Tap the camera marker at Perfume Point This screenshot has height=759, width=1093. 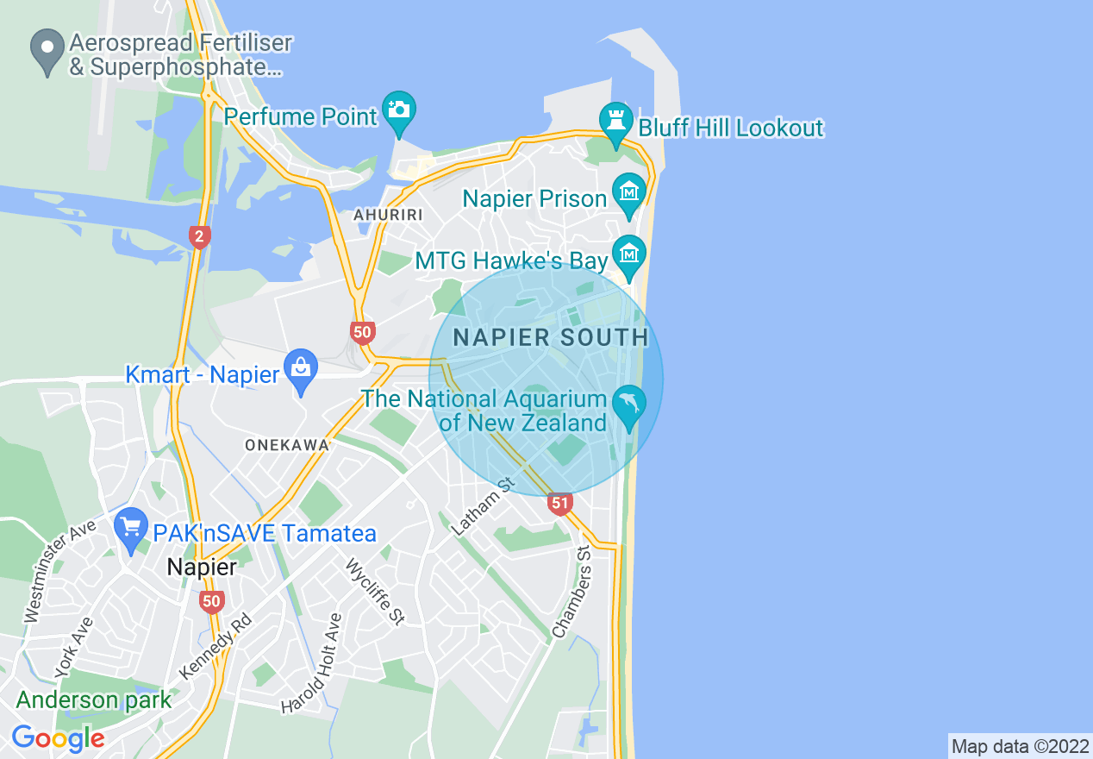pos(399,111)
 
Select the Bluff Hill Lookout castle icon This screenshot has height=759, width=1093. pos(616,123)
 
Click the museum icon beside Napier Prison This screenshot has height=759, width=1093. pos(628,193)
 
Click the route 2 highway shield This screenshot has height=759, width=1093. pos(200,236)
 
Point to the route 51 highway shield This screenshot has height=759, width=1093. pos(560,503)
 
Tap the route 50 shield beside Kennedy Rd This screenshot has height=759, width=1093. pos(211,601)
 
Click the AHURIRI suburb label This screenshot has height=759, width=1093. pos(387,215)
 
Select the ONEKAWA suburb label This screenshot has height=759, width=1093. pos(287,445)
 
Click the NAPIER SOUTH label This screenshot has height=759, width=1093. pos(551,337)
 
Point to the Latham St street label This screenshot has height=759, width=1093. pos(483,506)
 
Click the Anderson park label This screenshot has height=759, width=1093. pos(94,699)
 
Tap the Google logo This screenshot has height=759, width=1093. pos(58,737)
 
